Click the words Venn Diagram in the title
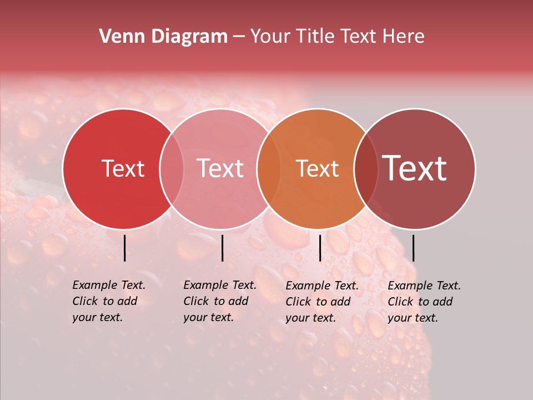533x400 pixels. point(163,37)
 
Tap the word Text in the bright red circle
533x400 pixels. point(123,168)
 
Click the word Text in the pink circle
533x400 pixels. point(220,168)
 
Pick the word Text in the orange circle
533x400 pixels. point(317,168)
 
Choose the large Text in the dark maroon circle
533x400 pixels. point(415,168)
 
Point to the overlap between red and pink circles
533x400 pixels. point(172,169)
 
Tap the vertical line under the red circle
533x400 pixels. point(124,248)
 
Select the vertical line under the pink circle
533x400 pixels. point(222,248)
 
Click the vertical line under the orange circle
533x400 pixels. point(320,248)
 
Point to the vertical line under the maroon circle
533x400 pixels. point(413,248)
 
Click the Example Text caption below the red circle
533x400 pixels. point(109,285)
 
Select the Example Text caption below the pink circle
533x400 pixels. point(220,285)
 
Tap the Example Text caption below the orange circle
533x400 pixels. point(322,286)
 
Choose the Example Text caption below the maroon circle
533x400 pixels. point(424,286)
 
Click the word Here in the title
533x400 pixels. point(404,37)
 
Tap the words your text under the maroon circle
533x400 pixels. point(413,318)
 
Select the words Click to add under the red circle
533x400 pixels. point(105,301)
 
